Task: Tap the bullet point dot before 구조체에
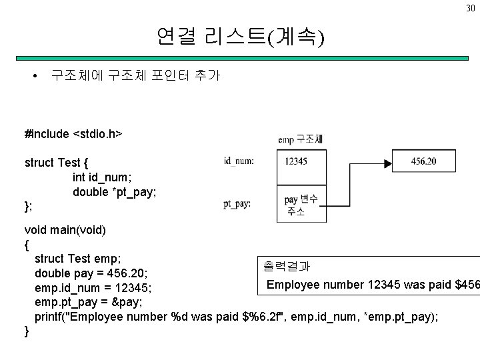pyautogui.click(x=35, y=75)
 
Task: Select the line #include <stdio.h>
pyautogui.click(x=73, y=134)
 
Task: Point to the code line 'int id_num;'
pyautogui.click(x=103, y=177)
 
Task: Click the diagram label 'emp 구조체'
pyautogui.click(x=301, y=139)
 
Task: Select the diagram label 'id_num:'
pyautogui.click(x=239, y=160)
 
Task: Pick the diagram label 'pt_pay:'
pyautogui.click(x=237, y=204)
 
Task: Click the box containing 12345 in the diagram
pyautogui.click(x=301, y=161)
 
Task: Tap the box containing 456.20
pyautogui.click(x=425, y=161)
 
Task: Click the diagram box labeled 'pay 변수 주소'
pyautogui.click(x=301, y=205)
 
